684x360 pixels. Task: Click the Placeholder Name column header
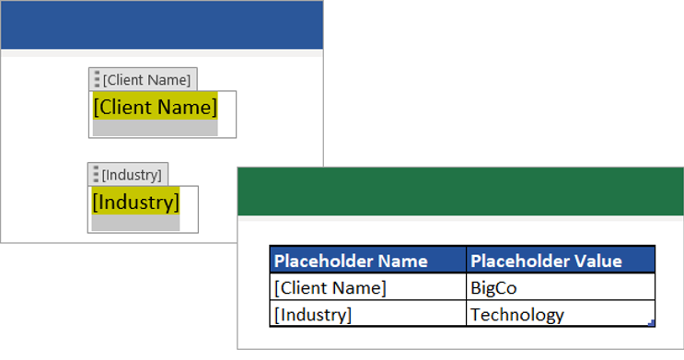click(x=351, y=261)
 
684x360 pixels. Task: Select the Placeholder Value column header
click(x=546, y=261)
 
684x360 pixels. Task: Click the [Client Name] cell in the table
click(x=330, y=287)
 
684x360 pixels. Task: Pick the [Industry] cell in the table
click(x=313, y=315)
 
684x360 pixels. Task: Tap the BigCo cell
click(x=493, y=287)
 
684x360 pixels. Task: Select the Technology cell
click(x=516, y=315)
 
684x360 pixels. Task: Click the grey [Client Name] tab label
click(x=147, y=80)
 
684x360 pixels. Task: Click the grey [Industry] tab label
click(x=132, y=175)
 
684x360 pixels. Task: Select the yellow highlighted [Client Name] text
click(x=155, y=108)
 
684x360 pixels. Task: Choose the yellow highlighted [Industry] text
click(x=135, y=201)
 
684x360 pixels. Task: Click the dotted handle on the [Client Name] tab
click(x=97, y=80)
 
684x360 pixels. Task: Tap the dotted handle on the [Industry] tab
click(x=96, y=175)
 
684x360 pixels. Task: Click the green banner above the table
click(x=460, y=192)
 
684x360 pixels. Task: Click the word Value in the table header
click(x=597, y=261)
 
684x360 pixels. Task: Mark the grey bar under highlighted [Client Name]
click(x=155, y=128)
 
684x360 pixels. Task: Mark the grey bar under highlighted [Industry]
click(x=135, y=222)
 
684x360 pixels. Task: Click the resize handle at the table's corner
click(x=652, y=323)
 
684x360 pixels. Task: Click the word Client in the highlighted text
click(x=124, y=108)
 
